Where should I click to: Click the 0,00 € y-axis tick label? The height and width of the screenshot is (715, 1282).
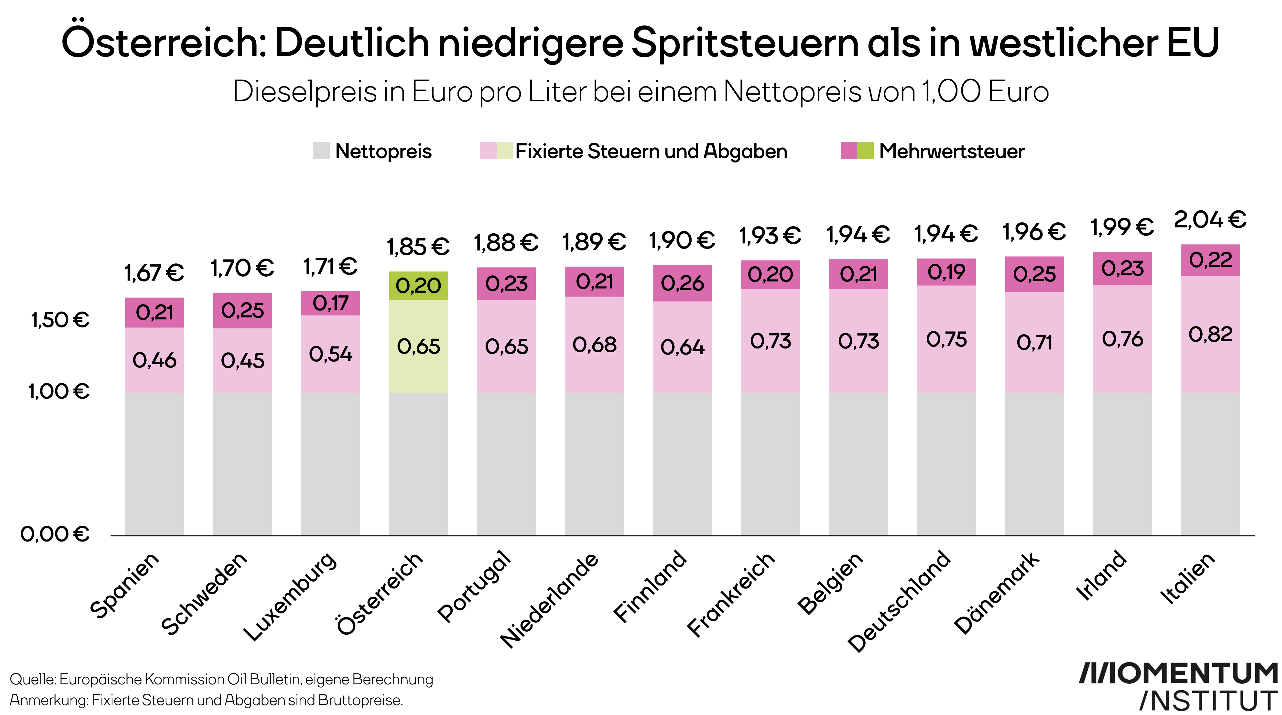[55, 534]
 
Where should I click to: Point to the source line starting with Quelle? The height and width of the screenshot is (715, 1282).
[221, 679]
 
